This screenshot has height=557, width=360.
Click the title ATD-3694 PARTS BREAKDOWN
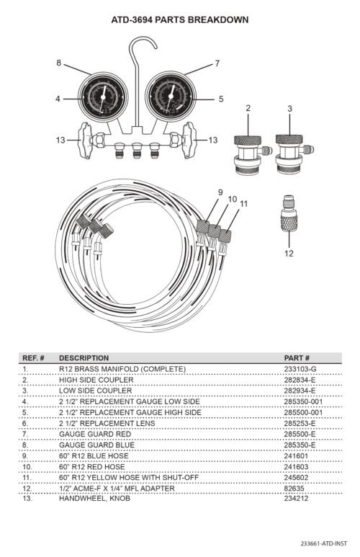pos(180,20)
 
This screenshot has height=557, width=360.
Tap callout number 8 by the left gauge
pos(59,63)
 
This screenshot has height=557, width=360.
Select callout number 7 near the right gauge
pos(217,63)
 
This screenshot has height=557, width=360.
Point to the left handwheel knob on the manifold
pos(85,141)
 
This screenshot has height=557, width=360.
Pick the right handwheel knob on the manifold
pos(189,141)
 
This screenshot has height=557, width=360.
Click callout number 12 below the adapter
pos(289,253)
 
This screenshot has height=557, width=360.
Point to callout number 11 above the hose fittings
pos(243,203)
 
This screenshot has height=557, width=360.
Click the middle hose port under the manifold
pos(137,151)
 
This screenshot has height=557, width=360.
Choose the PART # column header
pos(297,357)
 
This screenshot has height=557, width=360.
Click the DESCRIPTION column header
pos(84,357)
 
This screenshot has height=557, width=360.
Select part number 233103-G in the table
pos(300,369)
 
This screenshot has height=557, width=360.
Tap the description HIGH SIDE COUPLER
pos(96,380)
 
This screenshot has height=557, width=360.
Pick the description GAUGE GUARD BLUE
pos(97,445)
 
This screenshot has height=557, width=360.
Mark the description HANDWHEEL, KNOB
pos(94,499)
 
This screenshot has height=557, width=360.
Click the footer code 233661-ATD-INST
pos(324,543)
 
